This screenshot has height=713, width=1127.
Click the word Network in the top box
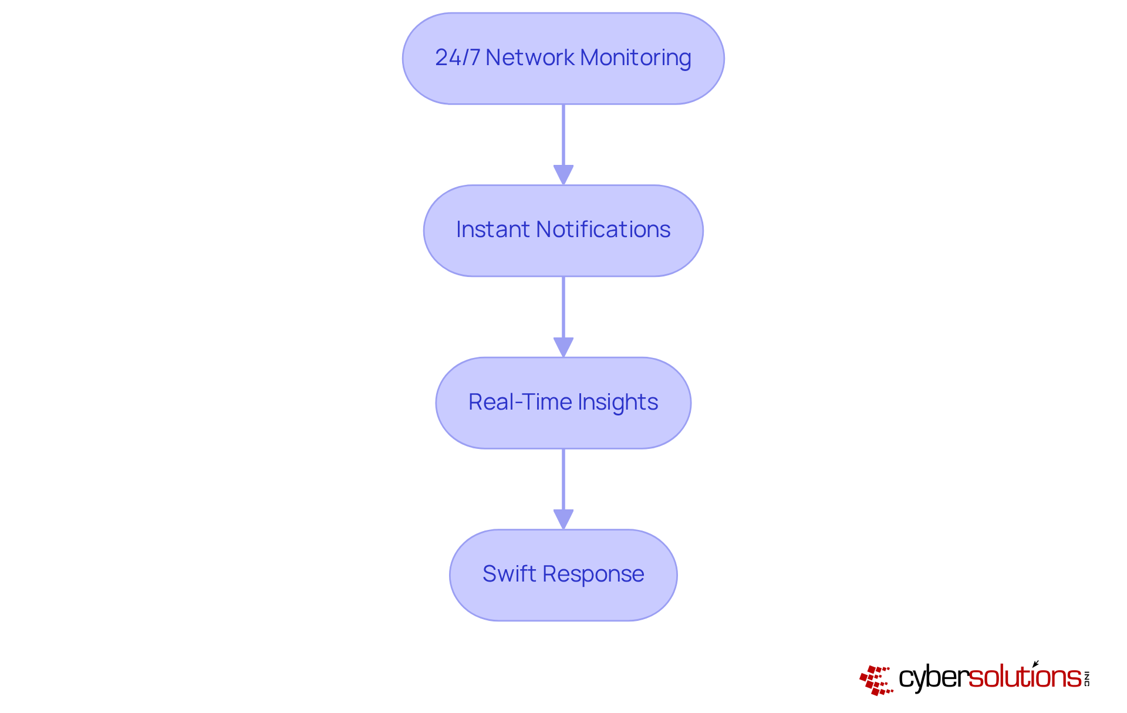[x=530, y=58]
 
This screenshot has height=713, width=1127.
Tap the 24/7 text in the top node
[x=457, y=58]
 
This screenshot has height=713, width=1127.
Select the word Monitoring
[x=635, y=58]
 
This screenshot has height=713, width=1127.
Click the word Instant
[x=492, y=229]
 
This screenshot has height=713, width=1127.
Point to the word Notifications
[x=603, y=229]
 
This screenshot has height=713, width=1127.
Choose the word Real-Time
[x=519, y=402]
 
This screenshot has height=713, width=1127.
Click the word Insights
[x=618, y=403]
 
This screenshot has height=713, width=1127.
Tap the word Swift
[x=509, y=574]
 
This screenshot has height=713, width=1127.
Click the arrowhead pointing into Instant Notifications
[x=563, y=174]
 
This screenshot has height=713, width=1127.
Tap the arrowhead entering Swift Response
[x=563, y=519]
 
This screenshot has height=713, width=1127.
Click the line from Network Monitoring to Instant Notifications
[x=563, y=135]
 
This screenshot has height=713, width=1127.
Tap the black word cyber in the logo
[x=933, y=678]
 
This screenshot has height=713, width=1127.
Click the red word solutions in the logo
[x=1024, y=677]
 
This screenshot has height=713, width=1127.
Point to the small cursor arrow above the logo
[x=1035, y=664]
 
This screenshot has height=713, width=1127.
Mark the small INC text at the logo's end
[x=1087, y=678]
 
